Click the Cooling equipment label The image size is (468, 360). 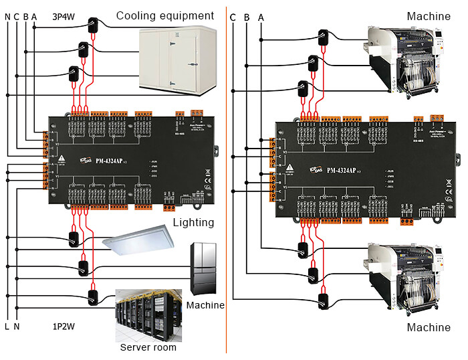tap(164, 15)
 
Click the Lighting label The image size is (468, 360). tap(193, 222)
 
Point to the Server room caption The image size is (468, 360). tap(148, 347)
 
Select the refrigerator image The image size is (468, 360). tap(205, 268)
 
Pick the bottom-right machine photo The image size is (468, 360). tap(409, 280)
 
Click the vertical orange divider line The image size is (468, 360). tap(227, 180)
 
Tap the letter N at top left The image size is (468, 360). tap(8, 15)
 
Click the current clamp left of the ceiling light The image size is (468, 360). tap(74, 238)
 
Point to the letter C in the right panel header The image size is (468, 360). tap(233, 15)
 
